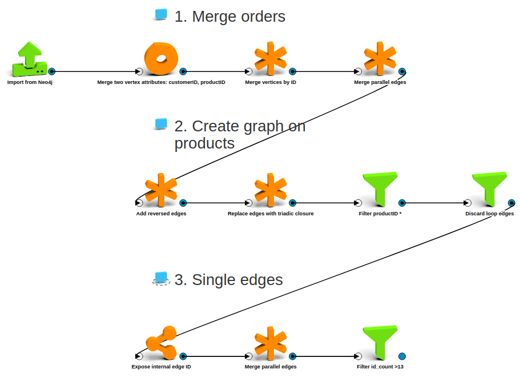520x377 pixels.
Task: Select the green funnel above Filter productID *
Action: point(380,189)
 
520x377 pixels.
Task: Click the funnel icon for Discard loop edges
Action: point(490,188)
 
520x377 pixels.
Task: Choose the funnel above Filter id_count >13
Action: point(380,342)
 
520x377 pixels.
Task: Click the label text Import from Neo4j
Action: point(30,82)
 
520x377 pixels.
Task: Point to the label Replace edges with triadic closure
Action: point(271,214)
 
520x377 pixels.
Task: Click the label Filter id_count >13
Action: point(380,367)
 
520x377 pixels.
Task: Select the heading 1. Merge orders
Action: point(229,17)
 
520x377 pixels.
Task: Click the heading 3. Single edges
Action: point(228,280)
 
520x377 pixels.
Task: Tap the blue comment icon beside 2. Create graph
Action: point(161,124)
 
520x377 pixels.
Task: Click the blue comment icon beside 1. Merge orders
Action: point(161,15)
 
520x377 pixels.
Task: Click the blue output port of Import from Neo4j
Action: point(51,71)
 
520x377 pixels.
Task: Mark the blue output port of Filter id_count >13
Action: point(402,356)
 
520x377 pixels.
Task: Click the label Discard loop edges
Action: point(490,214)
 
